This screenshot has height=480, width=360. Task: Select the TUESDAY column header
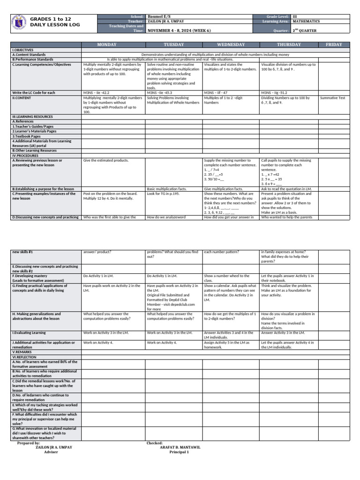(173, 45)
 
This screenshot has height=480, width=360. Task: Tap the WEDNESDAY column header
(230, 45)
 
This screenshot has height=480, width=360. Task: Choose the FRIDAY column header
(334, 45)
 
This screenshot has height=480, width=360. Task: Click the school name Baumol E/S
(159, 16)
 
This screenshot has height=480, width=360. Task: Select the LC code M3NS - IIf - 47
(216, 93)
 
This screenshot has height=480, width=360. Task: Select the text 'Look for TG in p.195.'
(164, 193)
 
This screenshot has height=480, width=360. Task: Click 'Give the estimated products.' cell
(106, 160)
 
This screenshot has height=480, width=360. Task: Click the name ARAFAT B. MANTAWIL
(180, 447)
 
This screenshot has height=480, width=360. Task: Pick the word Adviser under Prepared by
(51, 452)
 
